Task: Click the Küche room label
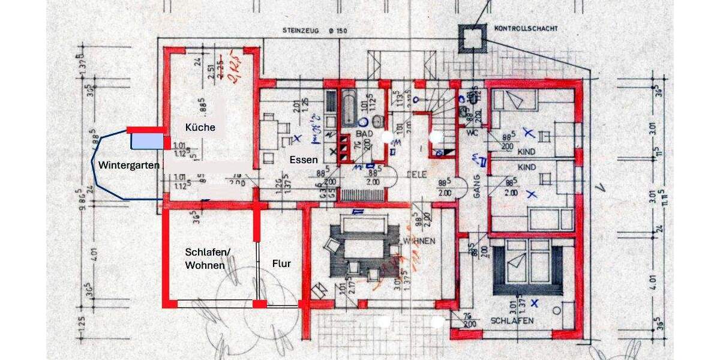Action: click(200, 127)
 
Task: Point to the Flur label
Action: click(281, 263)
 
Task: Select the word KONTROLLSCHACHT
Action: click(526, 28)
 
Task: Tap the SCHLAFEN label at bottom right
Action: click(512, 320)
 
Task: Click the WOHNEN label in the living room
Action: click(420, 241)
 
